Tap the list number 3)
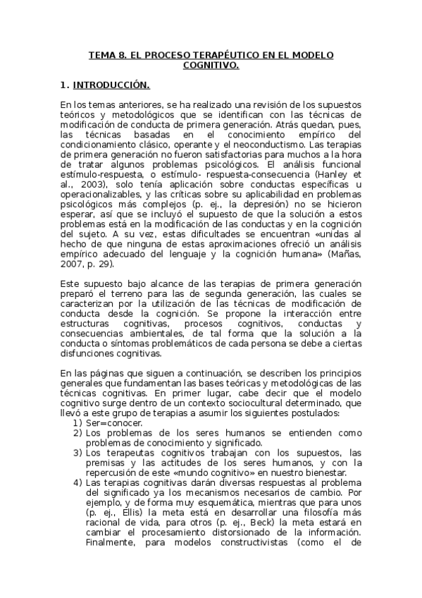77,452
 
